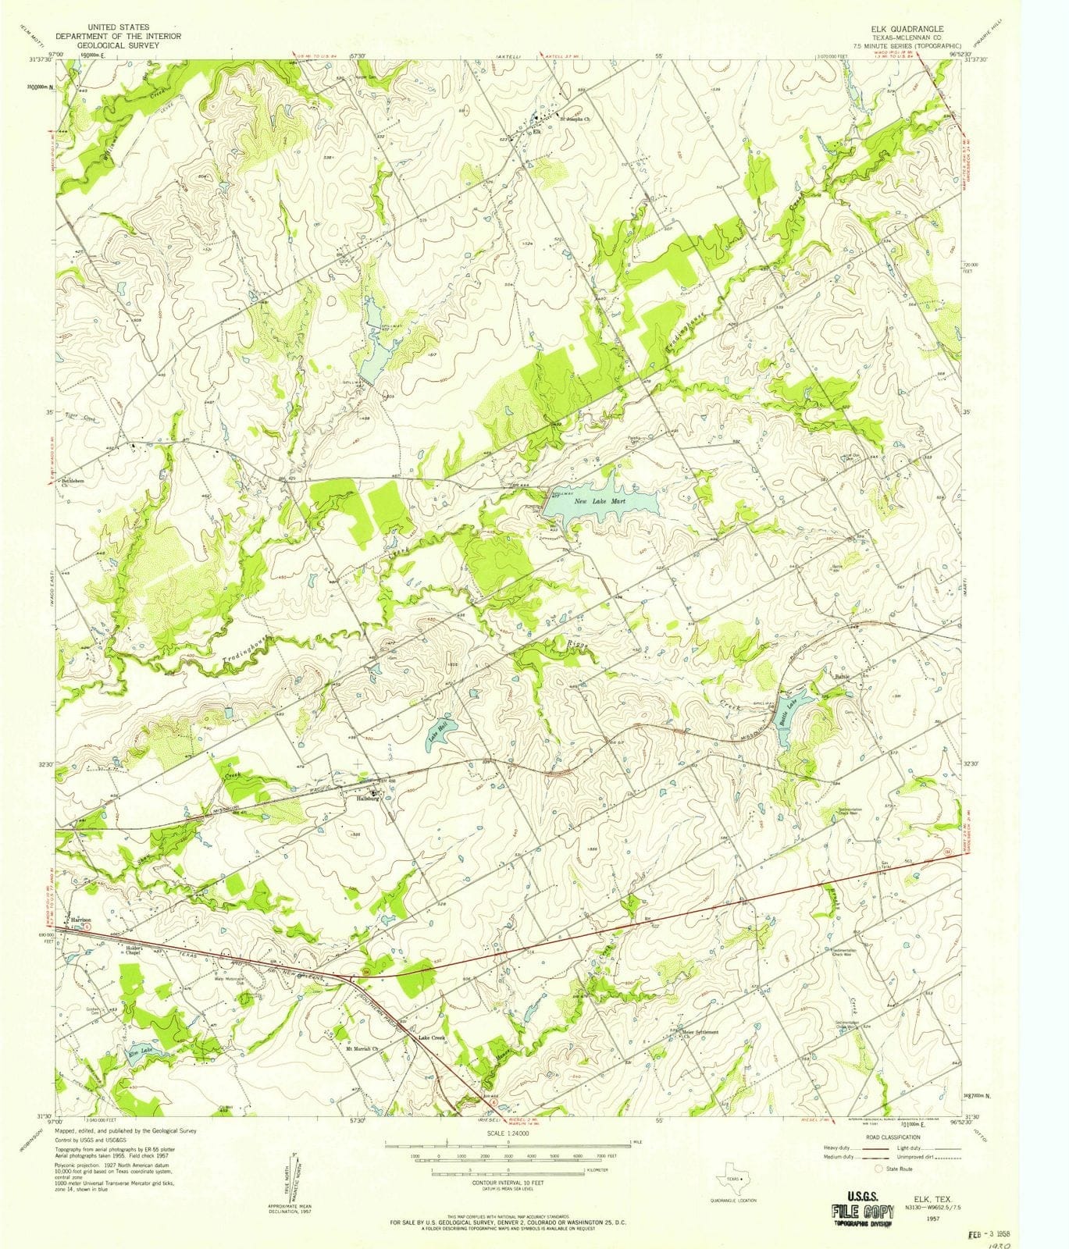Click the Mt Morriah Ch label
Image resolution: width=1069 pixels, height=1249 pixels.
[362, 1049]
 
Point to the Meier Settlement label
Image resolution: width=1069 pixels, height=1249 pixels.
[700, 1031]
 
